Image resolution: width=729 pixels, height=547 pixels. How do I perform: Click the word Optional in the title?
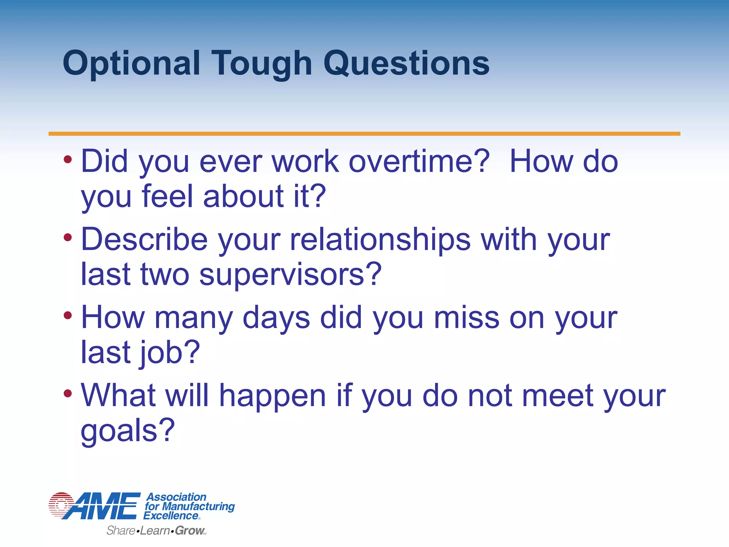(131, 64)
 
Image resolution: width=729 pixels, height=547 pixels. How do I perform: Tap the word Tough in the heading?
(262, 64)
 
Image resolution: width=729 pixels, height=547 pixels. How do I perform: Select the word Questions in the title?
(407, 64)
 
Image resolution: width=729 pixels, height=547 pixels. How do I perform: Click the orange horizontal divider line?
(364, 134)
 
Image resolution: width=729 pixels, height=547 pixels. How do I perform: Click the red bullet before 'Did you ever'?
(68, 159)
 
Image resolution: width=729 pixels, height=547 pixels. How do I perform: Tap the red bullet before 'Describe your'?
(68, 237)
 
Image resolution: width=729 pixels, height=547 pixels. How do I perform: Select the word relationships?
(380, 240)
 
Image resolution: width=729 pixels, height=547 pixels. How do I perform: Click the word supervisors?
(290, 275)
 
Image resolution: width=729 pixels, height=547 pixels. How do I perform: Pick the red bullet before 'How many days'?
(68, 315)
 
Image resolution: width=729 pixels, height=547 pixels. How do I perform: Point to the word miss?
(466, 318)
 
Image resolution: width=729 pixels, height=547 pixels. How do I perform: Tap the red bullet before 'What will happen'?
(68, 393)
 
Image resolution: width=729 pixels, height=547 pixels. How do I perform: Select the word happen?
(272, 396)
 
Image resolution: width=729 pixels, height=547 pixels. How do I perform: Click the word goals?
(127, 431)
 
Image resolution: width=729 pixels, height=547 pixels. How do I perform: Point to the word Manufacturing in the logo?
(198, 506)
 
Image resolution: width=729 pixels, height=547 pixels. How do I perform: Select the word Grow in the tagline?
(189, 531)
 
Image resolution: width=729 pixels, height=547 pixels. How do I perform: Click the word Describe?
(144, 240)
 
